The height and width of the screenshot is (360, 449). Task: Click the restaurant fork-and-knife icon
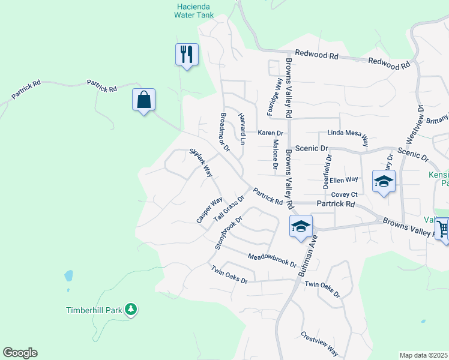(x=186, y=55)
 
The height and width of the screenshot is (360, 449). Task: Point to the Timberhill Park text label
(x=94, y=310)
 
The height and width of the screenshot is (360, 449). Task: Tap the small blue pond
(x=68, y=276)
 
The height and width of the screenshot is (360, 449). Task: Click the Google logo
(x=20, y=353)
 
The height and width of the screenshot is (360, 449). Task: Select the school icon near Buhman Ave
(x=301, y=226)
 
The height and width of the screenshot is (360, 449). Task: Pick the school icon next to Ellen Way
(x=384, y=181)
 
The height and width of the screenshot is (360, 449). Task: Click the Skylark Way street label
(x=201, y=162)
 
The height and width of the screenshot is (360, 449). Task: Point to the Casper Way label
(x=209, y=210)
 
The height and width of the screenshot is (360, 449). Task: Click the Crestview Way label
(x=319, y=344)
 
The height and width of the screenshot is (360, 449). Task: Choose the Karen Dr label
(x=270, y=133)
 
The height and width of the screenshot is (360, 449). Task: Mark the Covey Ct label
(x=345, y=194)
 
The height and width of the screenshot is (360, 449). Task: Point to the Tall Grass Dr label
(x=229, y=207)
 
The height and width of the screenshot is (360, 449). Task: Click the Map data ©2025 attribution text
(x=423, y=355)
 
